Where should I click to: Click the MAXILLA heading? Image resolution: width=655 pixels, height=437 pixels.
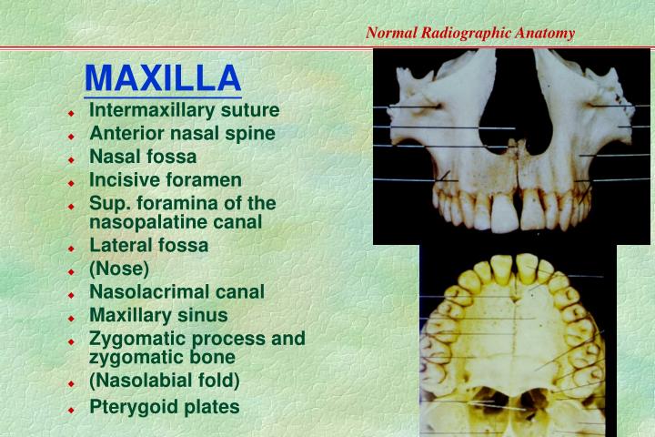tap(163, 77)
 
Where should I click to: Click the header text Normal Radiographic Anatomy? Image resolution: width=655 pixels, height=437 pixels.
tap(470, 33)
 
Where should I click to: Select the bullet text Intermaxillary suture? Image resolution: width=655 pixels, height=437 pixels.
tap(184, 111)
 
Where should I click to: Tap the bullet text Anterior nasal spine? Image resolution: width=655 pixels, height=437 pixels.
tap(182, 134)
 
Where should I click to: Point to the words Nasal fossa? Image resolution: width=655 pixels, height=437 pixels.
tap(143, 157)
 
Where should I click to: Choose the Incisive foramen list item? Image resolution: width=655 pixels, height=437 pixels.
tap(166, 179)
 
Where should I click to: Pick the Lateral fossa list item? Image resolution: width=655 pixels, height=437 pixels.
tap(148, 245)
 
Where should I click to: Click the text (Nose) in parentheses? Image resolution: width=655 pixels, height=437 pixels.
tap(119, 269)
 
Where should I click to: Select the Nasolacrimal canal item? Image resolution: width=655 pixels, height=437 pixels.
tap(176, 292)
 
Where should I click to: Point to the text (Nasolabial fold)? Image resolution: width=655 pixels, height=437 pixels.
tap(165, 381)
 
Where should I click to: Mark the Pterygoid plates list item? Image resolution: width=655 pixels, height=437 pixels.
tap(165, 407)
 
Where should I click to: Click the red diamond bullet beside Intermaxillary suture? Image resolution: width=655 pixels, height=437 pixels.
tap(70, 114)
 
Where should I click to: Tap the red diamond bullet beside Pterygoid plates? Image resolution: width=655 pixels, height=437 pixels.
tap(70, 410)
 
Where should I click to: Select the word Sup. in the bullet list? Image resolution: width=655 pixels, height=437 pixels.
tap(107, 203)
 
